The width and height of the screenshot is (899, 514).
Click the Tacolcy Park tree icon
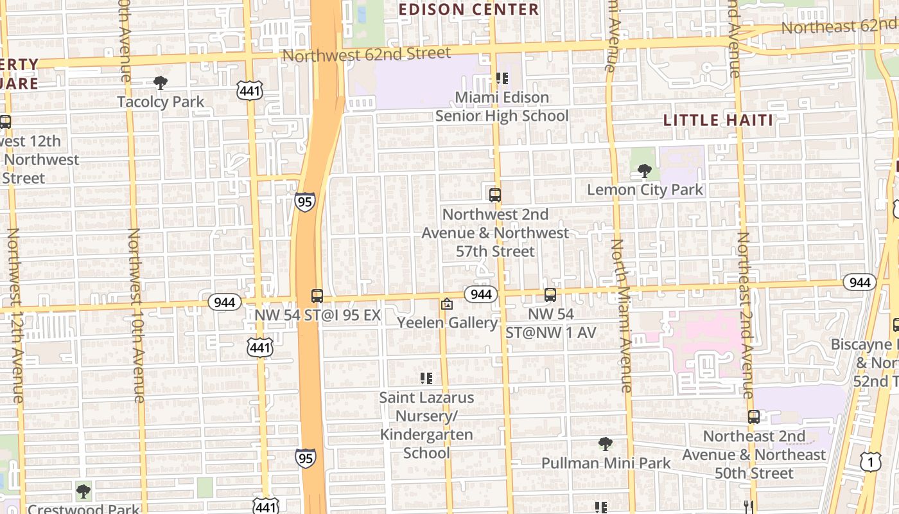pyautogui.click(x=161, y=82)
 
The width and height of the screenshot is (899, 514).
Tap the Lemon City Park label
pyautogui.click(x=645, y=190)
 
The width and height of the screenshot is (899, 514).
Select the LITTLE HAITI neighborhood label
pyautogui.click(x=718, y=120)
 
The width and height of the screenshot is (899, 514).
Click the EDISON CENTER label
pyautogui.click(x=469, y=10)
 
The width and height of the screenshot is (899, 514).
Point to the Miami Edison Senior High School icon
pyautogui.click(x=502, y=78)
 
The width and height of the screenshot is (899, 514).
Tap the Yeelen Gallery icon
pyautogui.click(x=447, y=304)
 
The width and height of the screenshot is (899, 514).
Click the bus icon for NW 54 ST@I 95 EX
pyautogui.click(x=317, y=296)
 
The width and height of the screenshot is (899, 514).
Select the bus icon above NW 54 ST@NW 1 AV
pyautogui.click(x=550, y=295)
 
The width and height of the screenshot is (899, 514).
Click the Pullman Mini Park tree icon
pyautogui.click(x=605, y=443)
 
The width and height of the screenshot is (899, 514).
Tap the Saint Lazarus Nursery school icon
pyautogui.click(x=426, y=378)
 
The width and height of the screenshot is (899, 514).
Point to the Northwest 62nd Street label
pyautogui.click(x=367, y=54)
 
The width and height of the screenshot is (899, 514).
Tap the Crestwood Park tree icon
pyautogui.click(x=83, y=492)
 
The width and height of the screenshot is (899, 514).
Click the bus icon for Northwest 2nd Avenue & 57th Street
pyautogui.click(x=494, y=195)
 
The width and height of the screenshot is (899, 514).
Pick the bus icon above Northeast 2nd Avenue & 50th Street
pyautogui.click(x=754, y=417)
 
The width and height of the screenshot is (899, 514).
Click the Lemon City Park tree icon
pyautogui.click(x=645, y=171)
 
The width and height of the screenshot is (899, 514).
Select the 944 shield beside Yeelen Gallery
pyautogui.click(x=481, y=294)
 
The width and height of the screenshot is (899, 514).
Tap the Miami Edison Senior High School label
pyautogui.click(x=502, y=107)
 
